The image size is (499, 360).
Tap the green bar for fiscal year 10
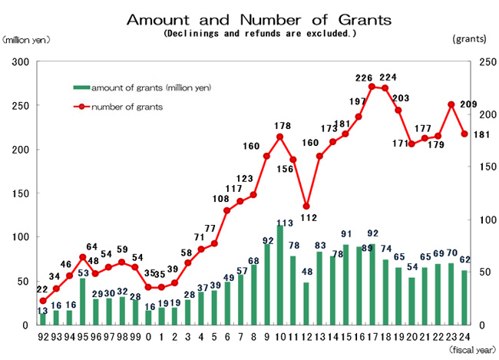(279, 275)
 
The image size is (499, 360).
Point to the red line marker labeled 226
(372, 87)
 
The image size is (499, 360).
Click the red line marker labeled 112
(306, 206)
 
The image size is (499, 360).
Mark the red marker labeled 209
(451, 104)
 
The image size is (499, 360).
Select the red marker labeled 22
(43, 301)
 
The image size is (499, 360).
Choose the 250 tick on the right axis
(478, 61)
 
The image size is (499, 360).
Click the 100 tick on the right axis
(478, 220)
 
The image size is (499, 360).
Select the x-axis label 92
(43, 335)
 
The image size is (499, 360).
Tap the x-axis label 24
(464, 335)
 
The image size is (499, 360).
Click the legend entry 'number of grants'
(127, 107)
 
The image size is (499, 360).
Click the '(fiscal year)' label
(471, 349)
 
